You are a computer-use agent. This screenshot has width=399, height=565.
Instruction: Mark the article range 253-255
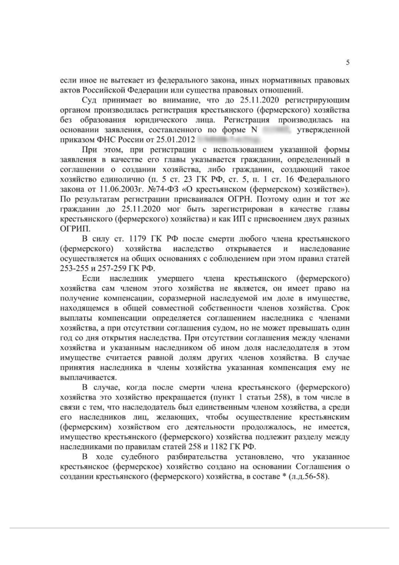click(x=74, y=263)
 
